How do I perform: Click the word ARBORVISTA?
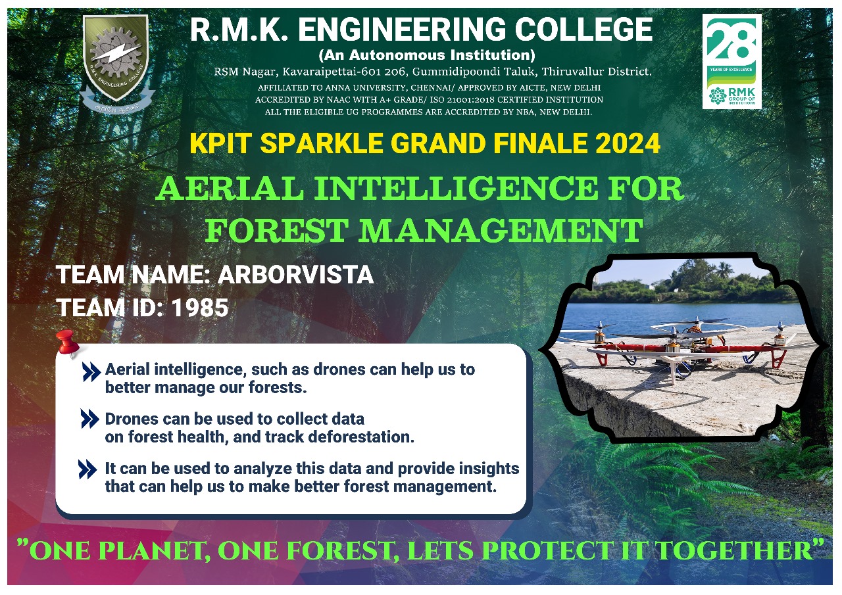click(x=295, y=275)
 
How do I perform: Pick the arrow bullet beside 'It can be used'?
click(x=88, y=469)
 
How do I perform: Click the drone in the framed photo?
click(x=678, y=342)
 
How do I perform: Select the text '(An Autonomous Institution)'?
click(x=426, y=55)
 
